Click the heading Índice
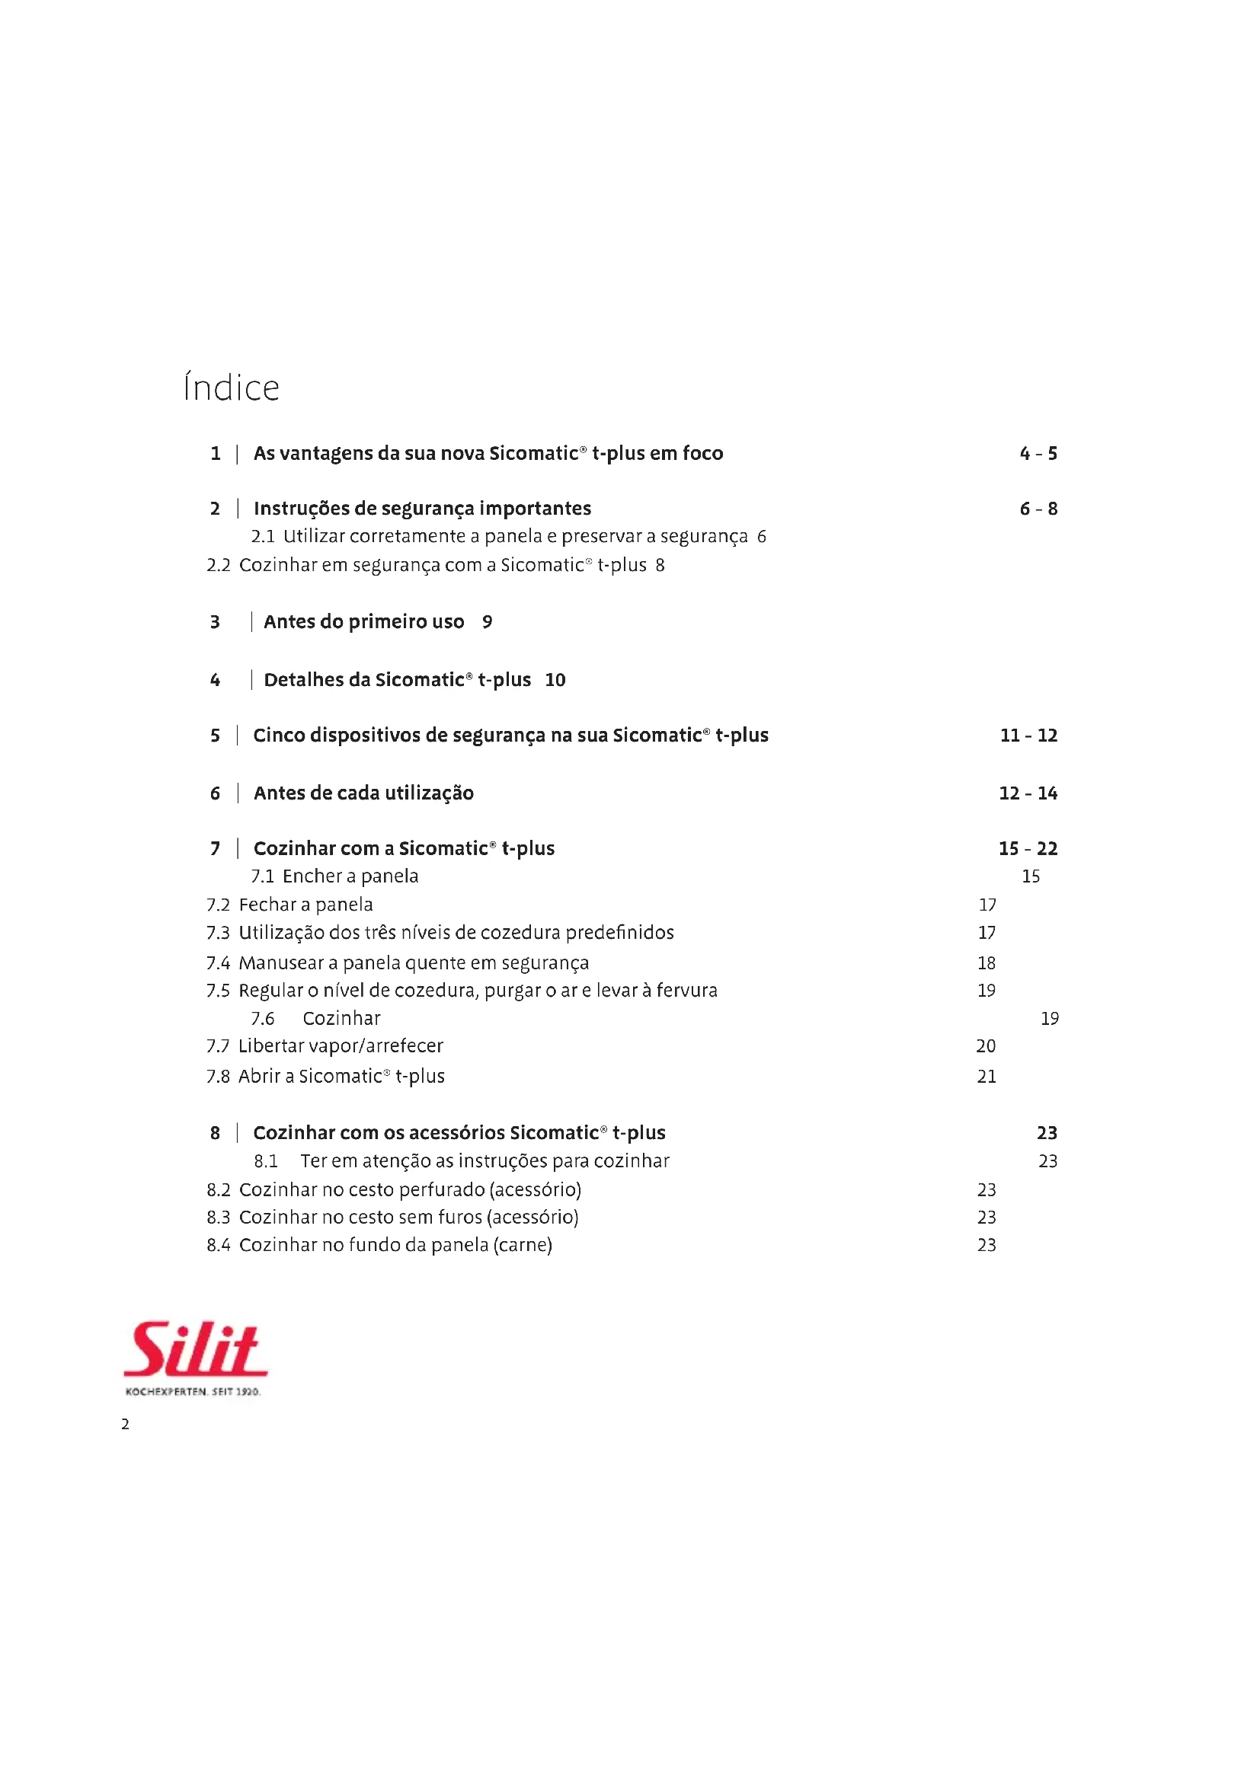(x=232, y=388)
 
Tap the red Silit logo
(x=196, y=1350)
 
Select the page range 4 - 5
(x=1038, y=454)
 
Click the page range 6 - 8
(x=1038, y=509)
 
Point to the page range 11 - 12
(x=1028, y=736)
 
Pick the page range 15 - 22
(x=1028, y=848)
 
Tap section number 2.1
(x=263, y=537)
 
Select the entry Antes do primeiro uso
(x=364, y=622)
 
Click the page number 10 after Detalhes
(x=555, y=680)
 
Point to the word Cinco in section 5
(x=279, y=736)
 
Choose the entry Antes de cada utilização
(x=363, y=793)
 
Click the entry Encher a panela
(x=350, y=876)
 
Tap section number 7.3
(x=218, y=934)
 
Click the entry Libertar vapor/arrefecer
(x=341, y=1046)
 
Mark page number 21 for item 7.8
(x=986, y=1077)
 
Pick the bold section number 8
(x=215, y=1133)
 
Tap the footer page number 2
(x=125, y=1424)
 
